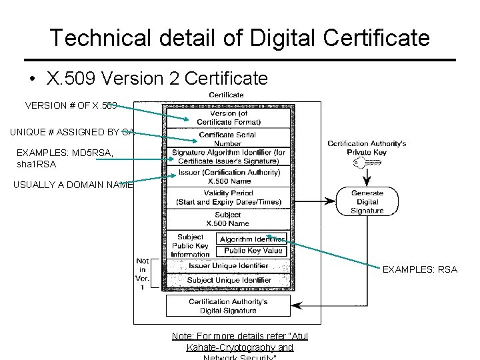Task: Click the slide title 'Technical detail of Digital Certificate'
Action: coord(239,37)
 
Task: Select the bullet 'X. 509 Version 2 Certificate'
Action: coord(157,79)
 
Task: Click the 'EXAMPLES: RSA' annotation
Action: coord(420,269)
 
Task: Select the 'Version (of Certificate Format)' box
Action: coord(227,117)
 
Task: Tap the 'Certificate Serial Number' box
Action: coord(227,139)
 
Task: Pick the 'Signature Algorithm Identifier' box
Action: coord(227,157)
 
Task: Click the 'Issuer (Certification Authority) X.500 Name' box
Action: coord(227,177)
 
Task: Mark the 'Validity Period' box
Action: coord(227,198)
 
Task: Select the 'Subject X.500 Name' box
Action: coord(227,219)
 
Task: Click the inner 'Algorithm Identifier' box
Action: coord(252,239)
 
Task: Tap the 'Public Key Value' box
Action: coord(253,251)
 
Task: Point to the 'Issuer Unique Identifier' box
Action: coord(229,265)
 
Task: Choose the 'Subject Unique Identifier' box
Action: coord(229,281)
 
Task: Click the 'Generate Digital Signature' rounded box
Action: coord(367,201)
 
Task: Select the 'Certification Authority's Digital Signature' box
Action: coord(227,306)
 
